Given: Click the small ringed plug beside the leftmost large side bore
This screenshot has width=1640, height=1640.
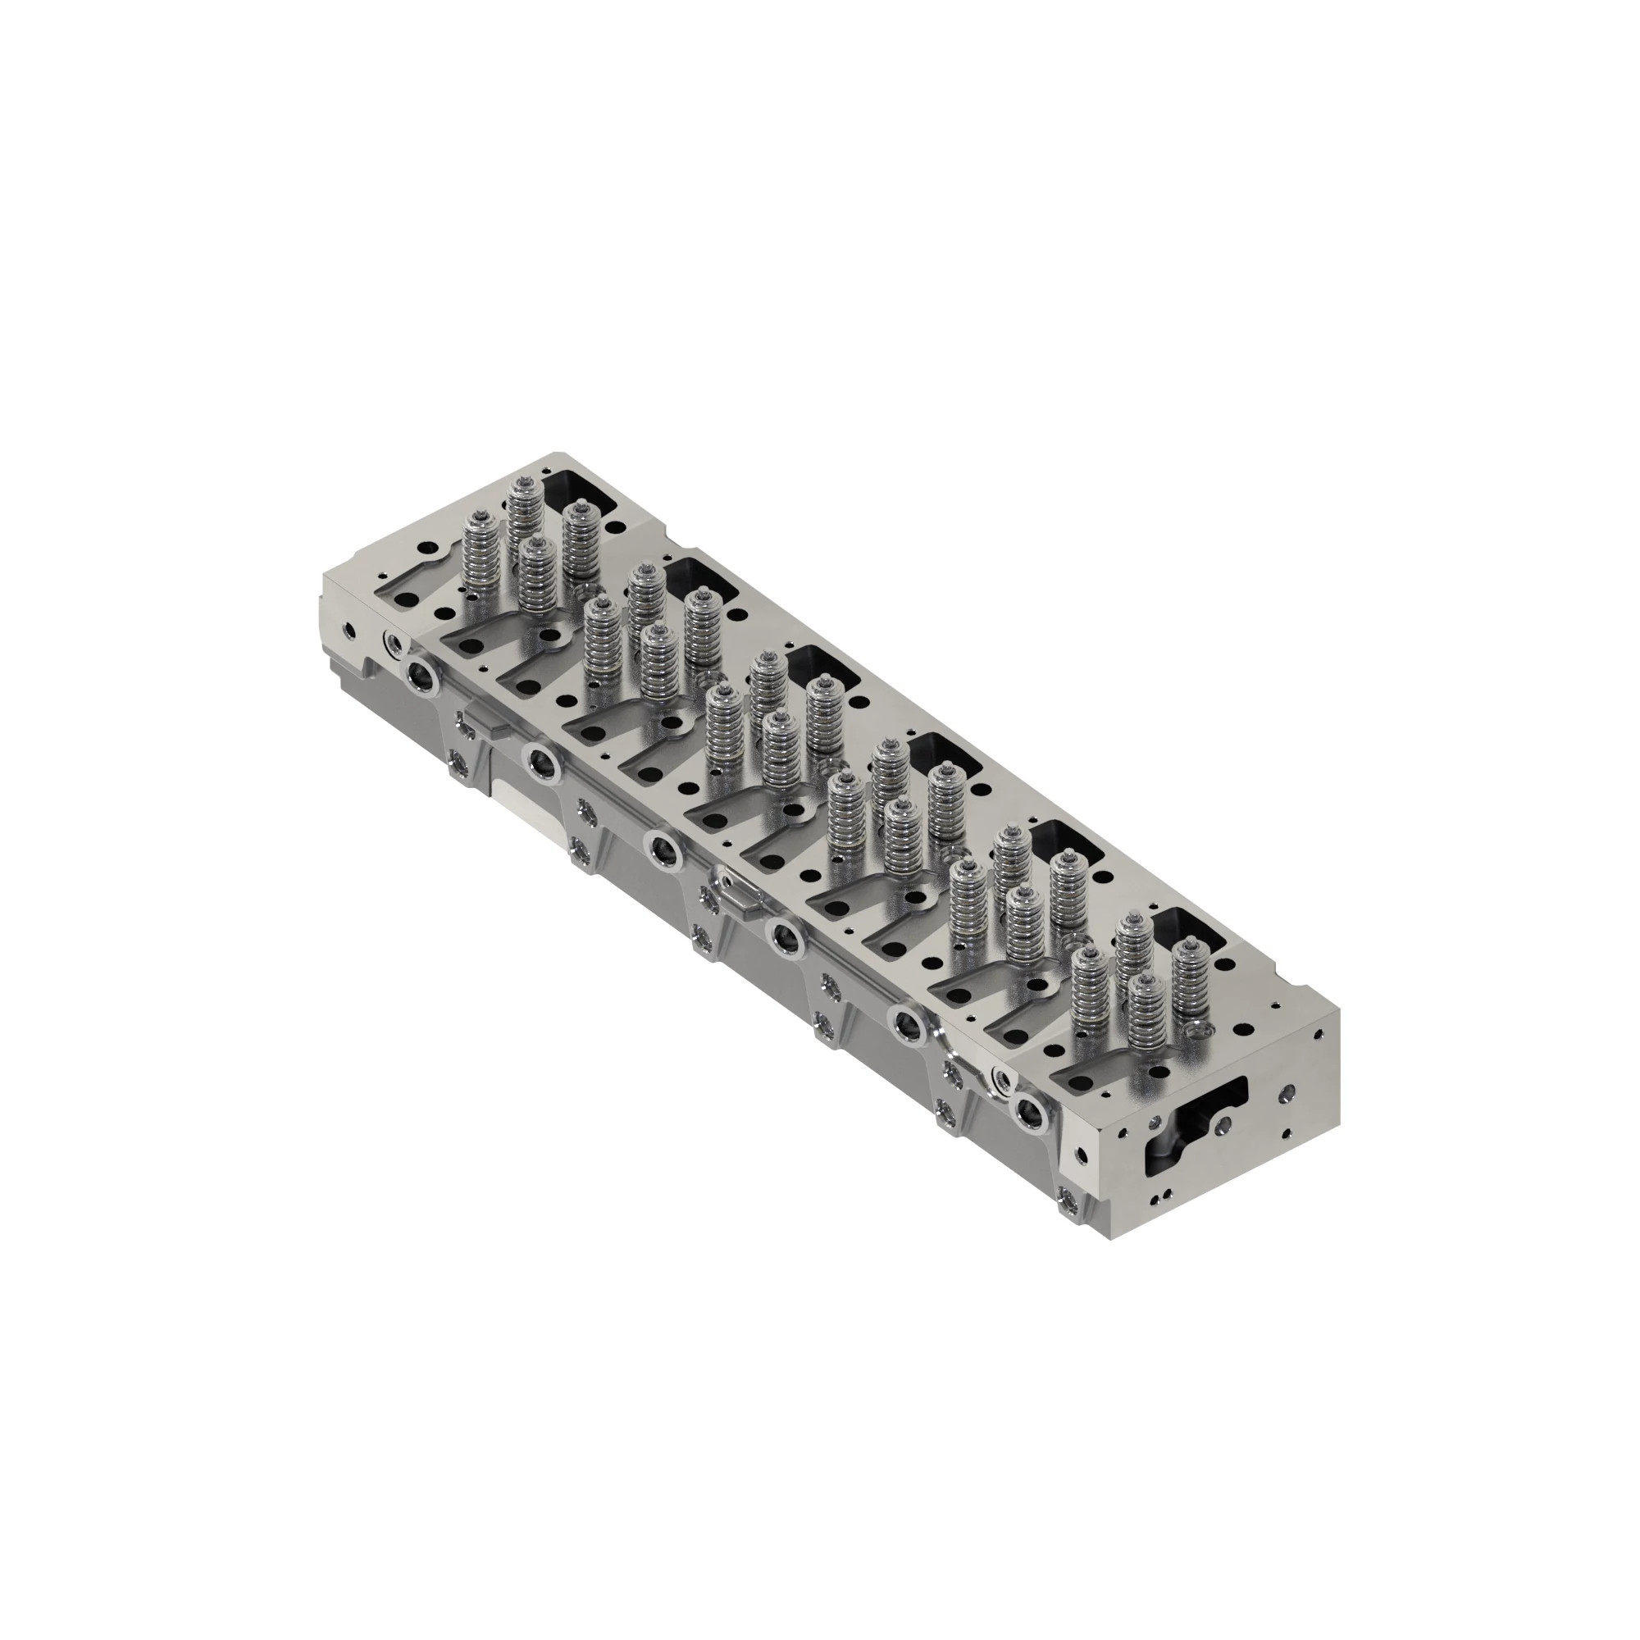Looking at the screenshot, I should [x=392, y=645].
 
